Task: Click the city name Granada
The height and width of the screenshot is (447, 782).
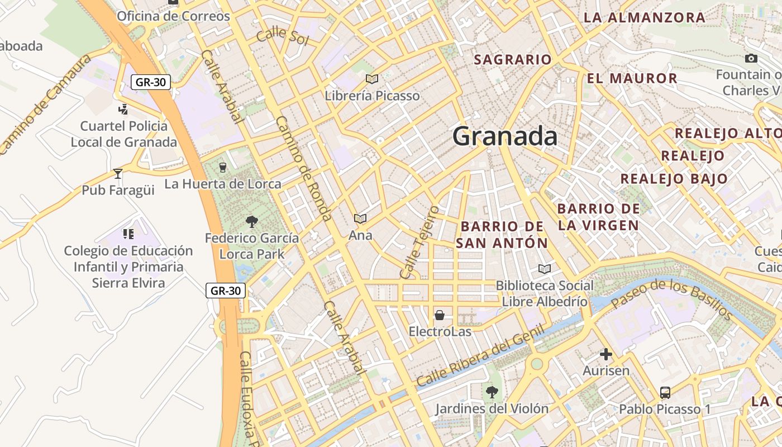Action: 504,136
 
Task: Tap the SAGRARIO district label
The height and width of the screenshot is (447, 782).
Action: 512,59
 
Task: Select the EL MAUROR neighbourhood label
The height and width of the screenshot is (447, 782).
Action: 632,78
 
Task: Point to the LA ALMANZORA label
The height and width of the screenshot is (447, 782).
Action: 644,17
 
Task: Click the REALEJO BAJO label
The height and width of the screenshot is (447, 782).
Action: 674,179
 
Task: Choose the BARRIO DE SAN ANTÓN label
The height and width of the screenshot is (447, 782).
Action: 502,235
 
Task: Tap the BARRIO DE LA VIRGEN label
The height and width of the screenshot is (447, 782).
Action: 598,217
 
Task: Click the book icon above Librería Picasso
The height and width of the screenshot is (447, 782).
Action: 372,79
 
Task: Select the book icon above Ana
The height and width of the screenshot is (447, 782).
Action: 360,218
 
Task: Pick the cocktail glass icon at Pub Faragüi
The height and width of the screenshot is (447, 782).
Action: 118,174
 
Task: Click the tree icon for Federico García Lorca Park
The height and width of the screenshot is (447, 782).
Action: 252,222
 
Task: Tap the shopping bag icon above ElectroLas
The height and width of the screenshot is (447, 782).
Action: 440,315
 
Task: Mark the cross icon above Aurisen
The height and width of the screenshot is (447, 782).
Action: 606,354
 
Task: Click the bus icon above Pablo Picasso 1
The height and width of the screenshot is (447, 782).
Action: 665,393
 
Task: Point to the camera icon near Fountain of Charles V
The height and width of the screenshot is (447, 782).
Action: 751,58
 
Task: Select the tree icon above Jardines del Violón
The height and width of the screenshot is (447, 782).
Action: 492,392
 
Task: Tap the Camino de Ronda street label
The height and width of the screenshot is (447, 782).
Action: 304,168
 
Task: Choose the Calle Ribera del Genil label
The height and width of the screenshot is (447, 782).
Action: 480,355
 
